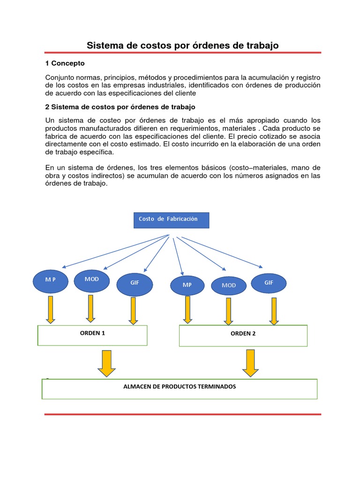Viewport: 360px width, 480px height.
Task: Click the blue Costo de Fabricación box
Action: tap(171, 220)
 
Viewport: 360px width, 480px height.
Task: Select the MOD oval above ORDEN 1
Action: tap(92, 280)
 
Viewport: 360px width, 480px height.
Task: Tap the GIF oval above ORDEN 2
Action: tap(269, 283)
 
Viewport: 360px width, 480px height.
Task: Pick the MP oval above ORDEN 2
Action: tap(187, 285)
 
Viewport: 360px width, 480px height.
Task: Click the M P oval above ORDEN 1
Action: tap(51, 280)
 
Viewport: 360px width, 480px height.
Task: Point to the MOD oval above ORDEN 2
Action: tap(229, 285)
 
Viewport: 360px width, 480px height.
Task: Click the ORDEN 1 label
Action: tap(93, 333)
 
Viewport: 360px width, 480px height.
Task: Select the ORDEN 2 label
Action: tap(243, 334)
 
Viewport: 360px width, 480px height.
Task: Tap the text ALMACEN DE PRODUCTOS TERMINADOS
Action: tap(180, 387)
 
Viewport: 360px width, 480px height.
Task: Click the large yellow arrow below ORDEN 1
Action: tap(107, 363)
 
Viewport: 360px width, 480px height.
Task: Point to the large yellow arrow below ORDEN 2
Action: tap(250, 363)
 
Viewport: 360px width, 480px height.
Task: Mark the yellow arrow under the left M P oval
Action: tap(51, 309)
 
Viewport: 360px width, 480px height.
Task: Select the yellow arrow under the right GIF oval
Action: tap(273, 310)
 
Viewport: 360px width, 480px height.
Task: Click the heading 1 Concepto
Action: tap(65, 63)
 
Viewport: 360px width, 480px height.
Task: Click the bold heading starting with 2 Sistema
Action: tap(120, 107)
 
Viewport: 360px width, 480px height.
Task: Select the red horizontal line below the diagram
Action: tap(183, 414)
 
